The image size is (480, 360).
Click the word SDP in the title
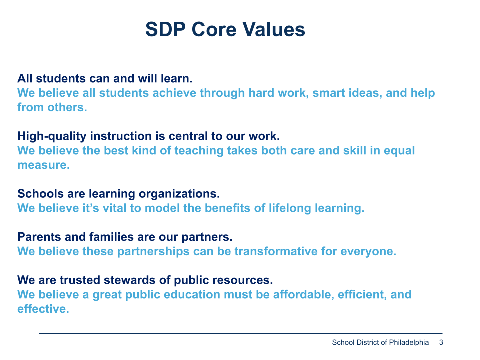point(165,29)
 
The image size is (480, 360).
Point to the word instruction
point(121,136)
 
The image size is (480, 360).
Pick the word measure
point(44,165)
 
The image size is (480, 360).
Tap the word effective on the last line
point(43,309)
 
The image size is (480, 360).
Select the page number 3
point(441,342)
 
